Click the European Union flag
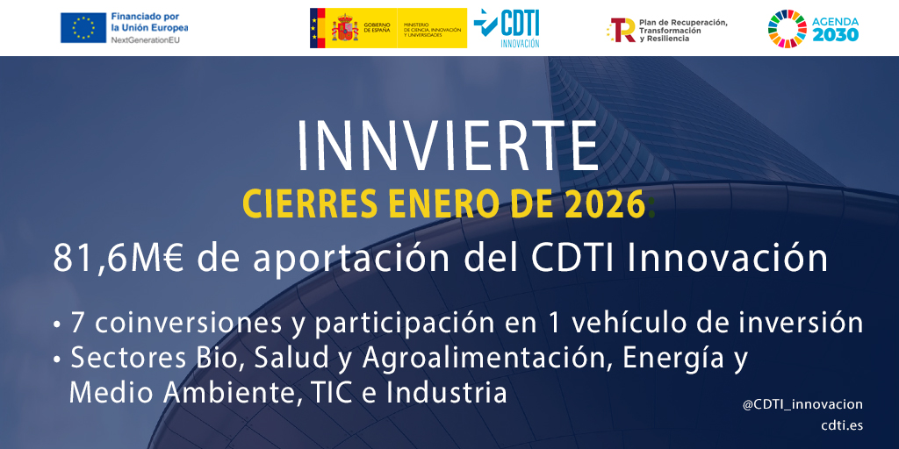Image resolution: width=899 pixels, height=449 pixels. tap(83, 28)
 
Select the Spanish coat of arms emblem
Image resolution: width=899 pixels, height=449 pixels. tap(344, 28)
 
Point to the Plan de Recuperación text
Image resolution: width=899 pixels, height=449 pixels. tap(683, 23)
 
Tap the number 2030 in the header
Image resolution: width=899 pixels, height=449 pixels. tap(835, 35)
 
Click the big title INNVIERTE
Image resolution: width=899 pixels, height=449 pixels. tap(448, 145)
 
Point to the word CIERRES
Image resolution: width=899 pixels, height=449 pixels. tap(291, 205)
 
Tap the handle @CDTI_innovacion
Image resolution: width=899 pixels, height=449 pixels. tap(802, 404)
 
